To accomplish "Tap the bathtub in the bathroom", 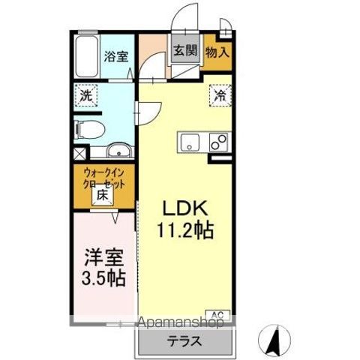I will pyautogui.click(x=86, y=54).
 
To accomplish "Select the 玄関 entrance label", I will pyautogui.click(x=185, y=51).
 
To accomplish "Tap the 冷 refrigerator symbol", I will pyautogui.click(x=220, y=95).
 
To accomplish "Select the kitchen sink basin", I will pyautogui.click(x=188, y=140).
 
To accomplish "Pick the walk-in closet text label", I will pyautogui.click(x=104, y=179).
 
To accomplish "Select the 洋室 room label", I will pyautogui.click(x=103, y=256).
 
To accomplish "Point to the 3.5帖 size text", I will pyautogui.click(x=103, y=277).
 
